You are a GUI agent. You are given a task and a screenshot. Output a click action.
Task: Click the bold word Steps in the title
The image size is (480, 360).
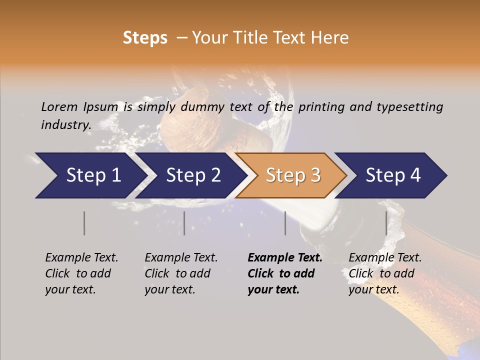coord(145,38)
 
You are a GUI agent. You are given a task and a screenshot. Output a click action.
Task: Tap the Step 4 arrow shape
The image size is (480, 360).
coord(392,175)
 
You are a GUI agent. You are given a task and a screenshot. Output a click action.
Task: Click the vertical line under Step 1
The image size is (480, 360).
coord(84,223)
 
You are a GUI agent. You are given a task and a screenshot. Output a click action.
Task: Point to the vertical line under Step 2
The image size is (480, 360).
coord(184,223)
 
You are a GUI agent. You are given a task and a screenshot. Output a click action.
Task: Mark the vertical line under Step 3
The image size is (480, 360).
coord(285,223)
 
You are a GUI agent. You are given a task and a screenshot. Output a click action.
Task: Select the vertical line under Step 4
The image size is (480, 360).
coord(386,223)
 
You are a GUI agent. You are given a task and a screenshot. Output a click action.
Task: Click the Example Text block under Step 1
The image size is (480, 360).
coord(81,273)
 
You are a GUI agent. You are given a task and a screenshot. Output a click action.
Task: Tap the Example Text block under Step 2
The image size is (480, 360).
coord(181,273)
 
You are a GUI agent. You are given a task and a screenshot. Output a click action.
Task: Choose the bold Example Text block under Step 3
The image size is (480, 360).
coord(285,273)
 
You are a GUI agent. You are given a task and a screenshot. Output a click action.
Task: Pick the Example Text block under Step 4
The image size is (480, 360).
coord(385,273)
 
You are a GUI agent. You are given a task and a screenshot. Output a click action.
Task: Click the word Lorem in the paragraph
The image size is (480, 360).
coord(59,106)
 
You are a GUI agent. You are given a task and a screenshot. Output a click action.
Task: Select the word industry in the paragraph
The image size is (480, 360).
coord(65,124)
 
